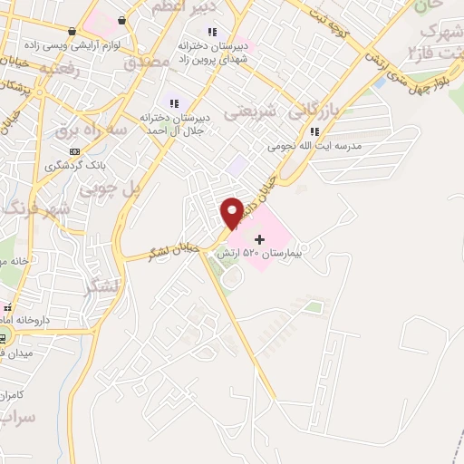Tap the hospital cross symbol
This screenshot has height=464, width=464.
tap(261, 240)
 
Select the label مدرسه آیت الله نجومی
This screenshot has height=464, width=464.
tap(314, 145)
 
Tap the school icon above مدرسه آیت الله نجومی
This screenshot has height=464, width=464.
tap(314, 131)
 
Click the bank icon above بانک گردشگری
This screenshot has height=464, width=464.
tap(74, 151)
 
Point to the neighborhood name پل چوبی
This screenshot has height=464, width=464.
tap(111, 189)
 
